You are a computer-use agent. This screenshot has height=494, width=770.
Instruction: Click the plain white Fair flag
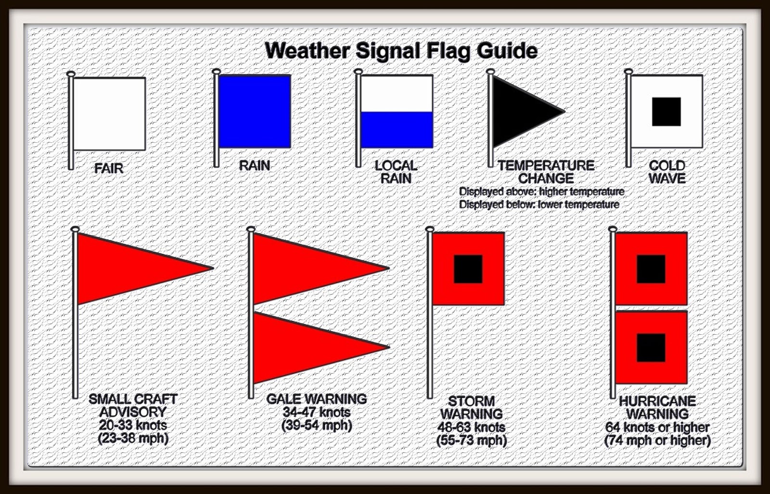[109, 114]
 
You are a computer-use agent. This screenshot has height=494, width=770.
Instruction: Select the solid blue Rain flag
[255, 111]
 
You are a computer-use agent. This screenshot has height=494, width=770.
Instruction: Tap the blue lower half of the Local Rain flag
[397, 130]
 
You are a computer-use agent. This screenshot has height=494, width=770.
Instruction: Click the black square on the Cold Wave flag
[666, 112]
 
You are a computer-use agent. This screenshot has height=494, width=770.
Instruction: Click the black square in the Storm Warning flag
[468, 269]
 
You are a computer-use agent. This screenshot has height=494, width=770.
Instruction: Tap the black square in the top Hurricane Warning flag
[651, 269]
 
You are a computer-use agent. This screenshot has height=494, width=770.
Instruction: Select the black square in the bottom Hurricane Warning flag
[651, 347]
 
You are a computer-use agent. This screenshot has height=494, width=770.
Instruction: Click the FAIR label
[109, 168]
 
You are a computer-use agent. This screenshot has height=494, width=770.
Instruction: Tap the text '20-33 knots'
[133, 425]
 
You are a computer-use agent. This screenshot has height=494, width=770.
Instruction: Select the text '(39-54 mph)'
[317, 425]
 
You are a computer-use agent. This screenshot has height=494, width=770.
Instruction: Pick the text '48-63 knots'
[471, 427]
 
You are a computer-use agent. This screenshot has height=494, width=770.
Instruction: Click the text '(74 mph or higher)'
[657, 440]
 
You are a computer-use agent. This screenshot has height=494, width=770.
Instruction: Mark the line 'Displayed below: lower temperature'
[539, 204]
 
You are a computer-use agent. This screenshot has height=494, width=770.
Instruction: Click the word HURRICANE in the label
[657, 401]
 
